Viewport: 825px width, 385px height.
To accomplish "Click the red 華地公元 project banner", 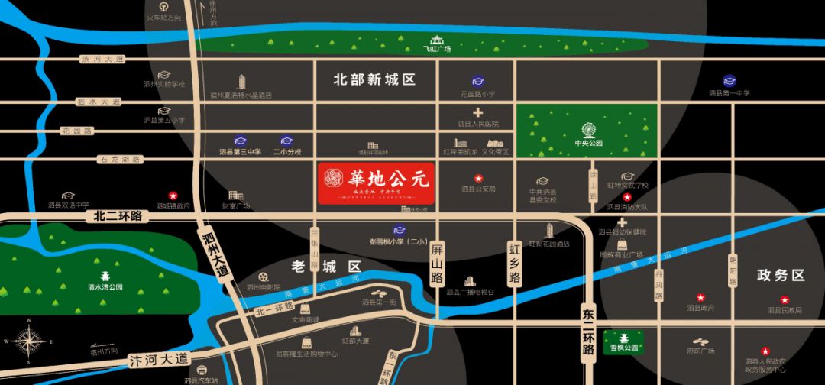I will pyautogui.click(x=376, y=183).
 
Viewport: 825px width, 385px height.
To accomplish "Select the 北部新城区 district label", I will pyautogui.click(x=374, y=79).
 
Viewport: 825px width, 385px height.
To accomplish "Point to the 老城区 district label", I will pyautogui.click(x=325, y=267).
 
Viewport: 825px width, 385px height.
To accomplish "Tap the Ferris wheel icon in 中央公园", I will pyautogui.click(x=589, y=130).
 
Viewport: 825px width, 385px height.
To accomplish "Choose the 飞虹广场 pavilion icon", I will pyautogui.click(x=438, y=39).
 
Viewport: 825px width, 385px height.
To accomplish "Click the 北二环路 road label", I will pyautogui.click(x=118, y=216).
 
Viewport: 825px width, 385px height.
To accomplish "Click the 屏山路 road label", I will pyautogui.click(x=437, y=264).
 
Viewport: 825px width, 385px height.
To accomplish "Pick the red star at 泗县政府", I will pyautogui.click(x=700, y=297).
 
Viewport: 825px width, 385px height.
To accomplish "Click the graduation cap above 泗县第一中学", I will pyautogui.click(x=729, y=80).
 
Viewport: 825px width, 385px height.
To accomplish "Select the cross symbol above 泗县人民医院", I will pyautogui.click(x=478, y=112).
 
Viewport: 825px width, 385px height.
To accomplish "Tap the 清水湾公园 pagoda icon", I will pyautogui.click(x=105, y=275).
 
